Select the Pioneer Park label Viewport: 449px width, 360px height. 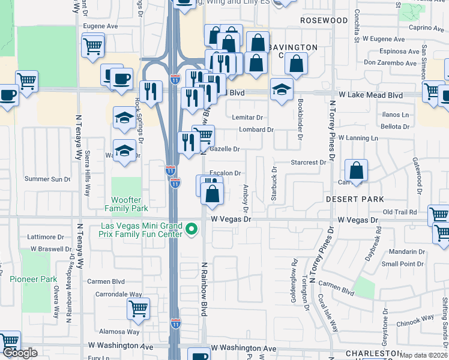(x=33, y=279)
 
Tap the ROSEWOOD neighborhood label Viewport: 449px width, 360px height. (x=324, y=20)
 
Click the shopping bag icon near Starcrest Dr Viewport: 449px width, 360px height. (x=357, y=170)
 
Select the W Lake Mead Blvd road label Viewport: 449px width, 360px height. (x=370, y=95)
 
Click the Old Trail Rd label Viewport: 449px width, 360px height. (x=400, y=212)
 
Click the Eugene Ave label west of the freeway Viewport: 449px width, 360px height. (x=100, y=26)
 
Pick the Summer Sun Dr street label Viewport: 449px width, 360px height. (x=47, y=179)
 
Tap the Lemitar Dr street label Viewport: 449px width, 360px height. (x=252, y=118)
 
